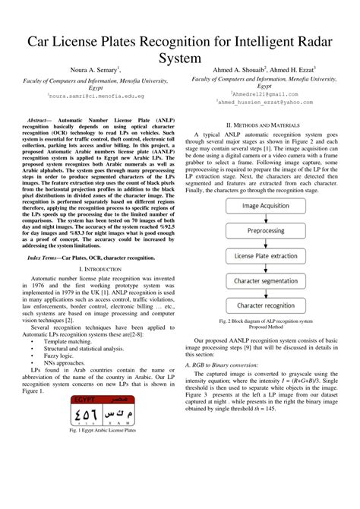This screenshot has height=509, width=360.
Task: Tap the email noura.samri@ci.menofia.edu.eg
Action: pos(90,96)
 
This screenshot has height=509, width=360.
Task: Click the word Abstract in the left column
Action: pos(38,121)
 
